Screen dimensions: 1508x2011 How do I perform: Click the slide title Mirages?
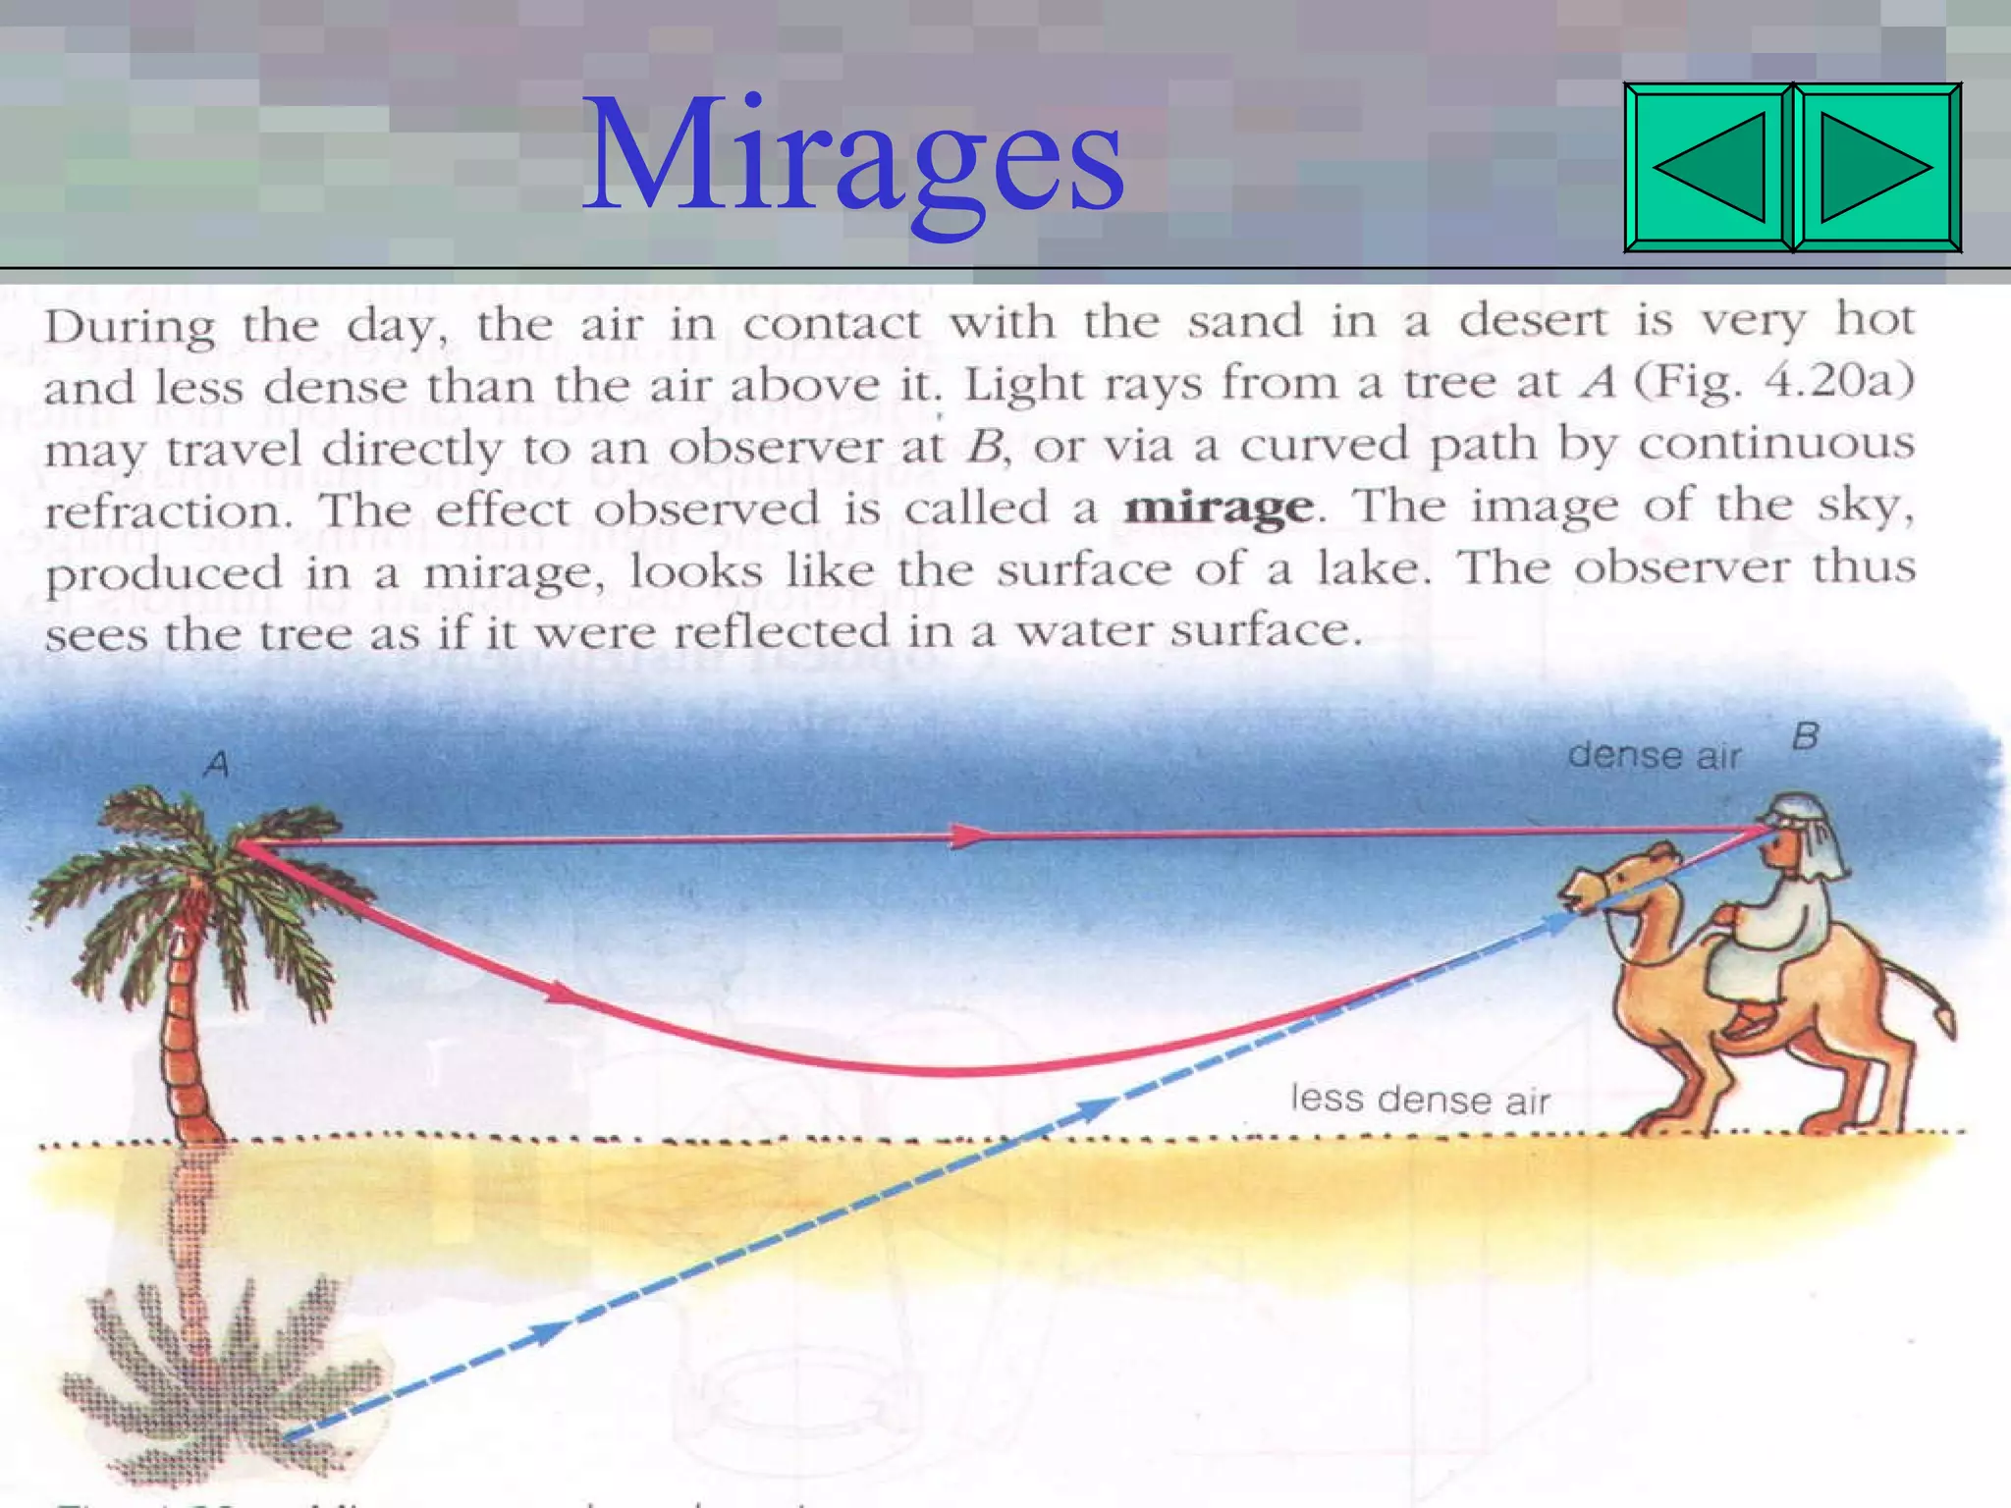click(x=852, y=157)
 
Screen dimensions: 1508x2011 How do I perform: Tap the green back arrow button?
click(x=1710, y=167)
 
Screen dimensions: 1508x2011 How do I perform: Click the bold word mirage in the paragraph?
click(x=1219, y=508)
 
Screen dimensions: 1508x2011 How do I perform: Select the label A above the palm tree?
click(x=217, y=764)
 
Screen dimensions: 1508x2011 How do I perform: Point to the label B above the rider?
click(x=1805, y=736)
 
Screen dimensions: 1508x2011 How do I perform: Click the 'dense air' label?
click(x=1654, y=755)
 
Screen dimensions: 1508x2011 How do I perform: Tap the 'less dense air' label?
click(x=1420, y=1100)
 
